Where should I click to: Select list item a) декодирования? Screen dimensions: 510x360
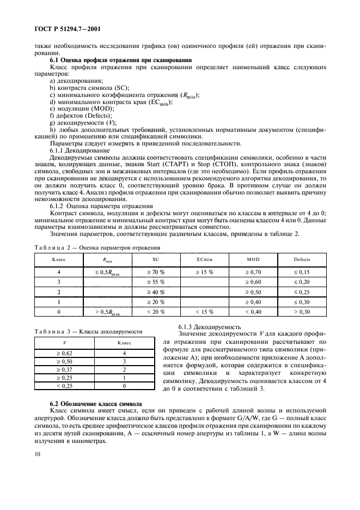72,80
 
